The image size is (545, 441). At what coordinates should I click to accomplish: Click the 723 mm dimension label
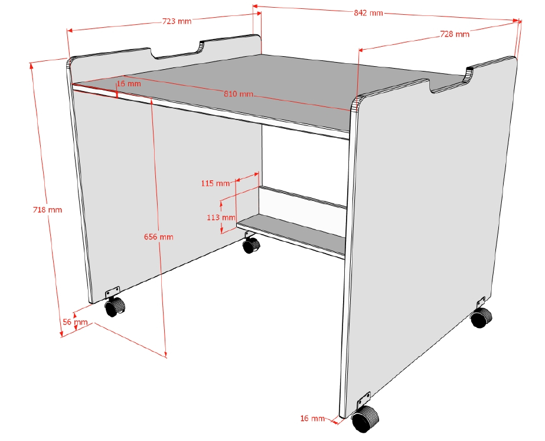click(x=177, y=21)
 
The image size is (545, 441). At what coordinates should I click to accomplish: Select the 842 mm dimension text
click(x=368, y=13)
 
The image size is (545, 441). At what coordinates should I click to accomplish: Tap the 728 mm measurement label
click(x=455, y=34)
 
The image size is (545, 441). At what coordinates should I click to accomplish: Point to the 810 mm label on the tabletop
click(x=238, y=93)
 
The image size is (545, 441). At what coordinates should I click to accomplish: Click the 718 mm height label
click(x=47, y=209)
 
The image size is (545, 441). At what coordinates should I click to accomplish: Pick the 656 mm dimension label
click(x=158, y=236)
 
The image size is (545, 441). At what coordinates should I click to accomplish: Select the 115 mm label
click(x=215, y=183)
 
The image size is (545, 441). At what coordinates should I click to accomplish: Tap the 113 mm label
click(x=221, y=218)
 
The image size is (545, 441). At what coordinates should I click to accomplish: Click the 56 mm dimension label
click(x=75, y=322)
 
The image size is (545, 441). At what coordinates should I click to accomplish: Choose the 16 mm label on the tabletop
click(x=129, y=83)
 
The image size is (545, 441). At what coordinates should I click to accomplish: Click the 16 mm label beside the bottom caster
click(x=312, y=418)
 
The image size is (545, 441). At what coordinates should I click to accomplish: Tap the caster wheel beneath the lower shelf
click(x=251, y=245)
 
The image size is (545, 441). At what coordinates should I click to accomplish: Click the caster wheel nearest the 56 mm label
click(x=115, y=306)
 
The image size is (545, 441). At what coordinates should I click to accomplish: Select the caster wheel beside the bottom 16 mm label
click(x=365, y=419)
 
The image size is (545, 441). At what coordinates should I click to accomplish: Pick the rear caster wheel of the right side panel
click(x=481, y=317)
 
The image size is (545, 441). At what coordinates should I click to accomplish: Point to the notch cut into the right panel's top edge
click(x=448, y=83)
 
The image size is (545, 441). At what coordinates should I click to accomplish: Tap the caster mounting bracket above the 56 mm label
click(x=112, y=293)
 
